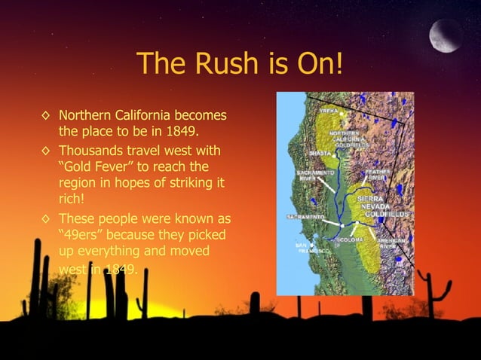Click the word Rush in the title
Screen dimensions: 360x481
[x=223, y=65]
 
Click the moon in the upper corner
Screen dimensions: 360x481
[x=446, y=35]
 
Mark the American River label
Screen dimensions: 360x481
[x=394, y=243]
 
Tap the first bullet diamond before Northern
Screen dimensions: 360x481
[x=47, y=117]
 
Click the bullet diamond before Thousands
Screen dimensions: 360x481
[x=47, y=150]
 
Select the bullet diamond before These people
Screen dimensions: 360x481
[x=47, y=219]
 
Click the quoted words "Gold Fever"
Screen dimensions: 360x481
[x=97, y=166]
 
